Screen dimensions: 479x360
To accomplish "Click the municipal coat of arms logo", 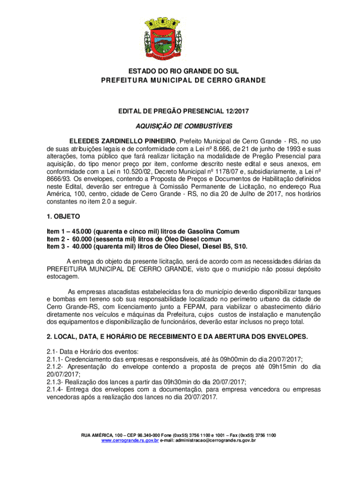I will tap(180, 37).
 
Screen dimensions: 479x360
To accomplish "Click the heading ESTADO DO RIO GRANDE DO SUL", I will tap(180, 71).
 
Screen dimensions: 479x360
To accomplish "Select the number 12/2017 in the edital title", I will tap(235, 111).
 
